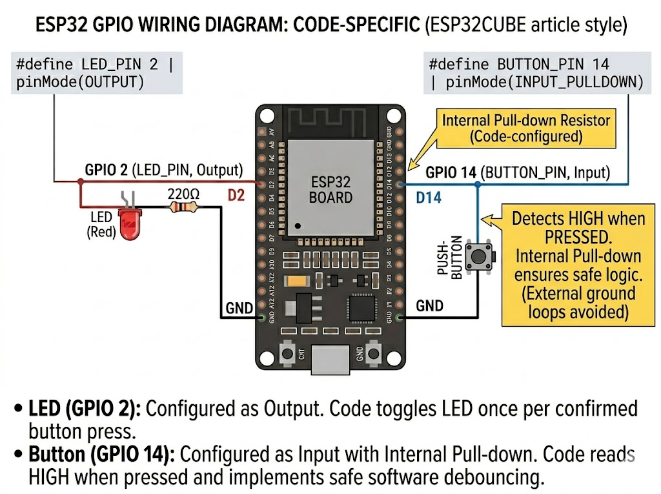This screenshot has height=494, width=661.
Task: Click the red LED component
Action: coord(130,227)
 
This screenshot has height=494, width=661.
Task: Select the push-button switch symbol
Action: coord(478,256)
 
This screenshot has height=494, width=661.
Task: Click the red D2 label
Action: coord(236,195)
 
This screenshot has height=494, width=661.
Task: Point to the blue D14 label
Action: coord(428,198)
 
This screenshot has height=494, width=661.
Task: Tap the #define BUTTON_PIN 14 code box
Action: coord(536,74)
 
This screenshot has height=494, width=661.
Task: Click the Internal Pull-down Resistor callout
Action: coord(525,128)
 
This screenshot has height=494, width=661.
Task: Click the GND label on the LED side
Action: coord(239,309)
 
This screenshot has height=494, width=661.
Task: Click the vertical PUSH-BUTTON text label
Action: coord(451,259)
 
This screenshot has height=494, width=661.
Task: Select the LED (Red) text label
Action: coord(101,224)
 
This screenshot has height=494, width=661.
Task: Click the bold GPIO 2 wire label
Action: coord(106,170)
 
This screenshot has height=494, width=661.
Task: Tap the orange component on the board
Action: coord(297,281)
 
